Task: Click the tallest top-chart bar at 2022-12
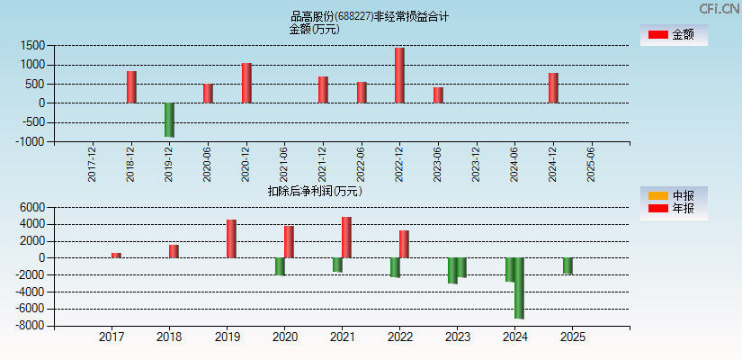(399, 76)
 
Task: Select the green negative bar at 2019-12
(169, 120)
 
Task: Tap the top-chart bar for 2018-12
(131, 87)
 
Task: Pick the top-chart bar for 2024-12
(553, 88)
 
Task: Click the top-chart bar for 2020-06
(208, 94)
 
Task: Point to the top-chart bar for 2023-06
(438, 95)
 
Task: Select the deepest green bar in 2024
(519, 288)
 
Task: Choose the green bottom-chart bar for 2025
(568, 265)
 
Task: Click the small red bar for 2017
(116, 255)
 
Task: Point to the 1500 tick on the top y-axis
(33, 45)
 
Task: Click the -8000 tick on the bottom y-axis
(30, 326)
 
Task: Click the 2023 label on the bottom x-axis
(457, 337)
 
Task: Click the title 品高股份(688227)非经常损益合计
(370, 15)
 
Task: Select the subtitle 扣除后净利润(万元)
(315, 191)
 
